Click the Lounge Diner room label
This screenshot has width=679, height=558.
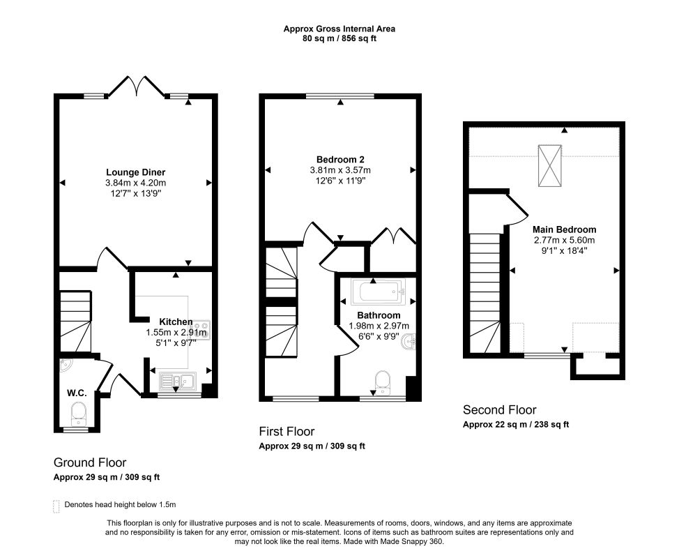[x=135, y=172]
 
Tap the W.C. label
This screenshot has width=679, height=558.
[x=77, y=393]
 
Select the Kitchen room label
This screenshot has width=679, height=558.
[x=176, y=322]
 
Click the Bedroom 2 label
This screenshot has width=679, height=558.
[x=340, y=160]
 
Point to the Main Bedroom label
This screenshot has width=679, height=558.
[x=564, y=229]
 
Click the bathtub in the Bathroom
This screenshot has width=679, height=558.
[x=379, y=292]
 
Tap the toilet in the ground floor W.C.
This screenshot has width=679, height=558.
[x=79, y=413]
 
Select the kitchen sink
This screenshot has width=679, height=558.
[x=178, y=381]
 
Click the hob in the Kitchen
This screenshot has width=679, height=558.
[x=201, y=330]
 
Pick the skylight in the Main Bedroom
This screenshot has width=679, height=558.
[x=549, y=165]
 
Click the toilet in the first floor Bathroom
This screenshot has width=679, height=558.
[x=383, y=382]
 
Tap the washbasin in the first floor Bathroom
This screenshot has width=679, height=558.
[x=409, y=342]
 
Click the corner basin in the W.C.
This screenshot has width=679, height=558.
[x=65, y=365]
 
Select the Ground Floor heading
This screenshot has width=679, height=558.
[x=90, y=462]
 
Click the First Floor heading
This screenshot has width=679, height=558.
[x=287, y=432]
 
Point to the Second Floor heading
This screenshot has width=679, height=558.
[x=499, y=410]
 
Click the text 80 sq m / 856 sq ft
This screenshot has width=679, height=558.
[x=339, y=38]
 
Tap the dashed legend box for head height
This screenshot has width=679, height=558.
[x=56, y=506]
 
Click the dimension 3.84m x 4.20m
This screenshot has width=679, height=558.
[x=135, y=183]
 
